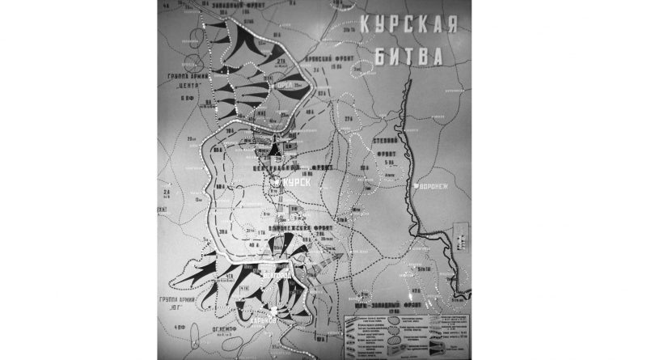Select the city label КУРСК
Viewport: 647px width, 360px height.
point(294,184)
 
